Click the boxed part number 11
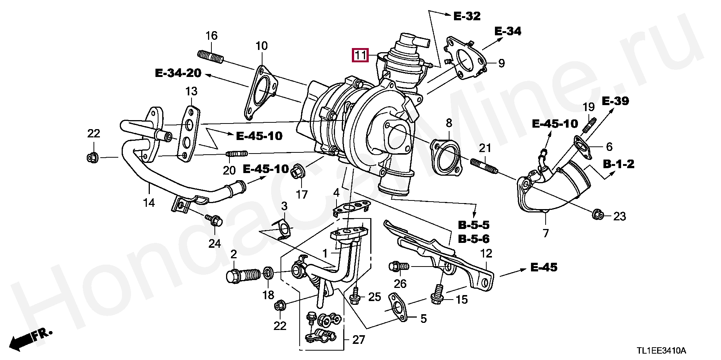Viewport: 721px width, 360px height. [x=360, y=56]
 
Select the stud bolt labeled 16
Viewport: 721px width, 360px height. [x=210, y=57]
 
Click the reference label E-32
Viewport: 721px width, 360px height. [x=467, y=16]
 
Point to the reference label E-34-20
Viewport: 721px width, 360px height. [x=178, y=73]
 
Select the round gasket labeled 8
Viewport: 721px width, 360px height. [x=446, y=157]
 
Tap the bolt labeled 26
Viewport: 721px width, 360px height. [x=399, y=266]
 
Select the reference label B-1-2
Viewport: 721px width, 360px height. [x=618, y=164]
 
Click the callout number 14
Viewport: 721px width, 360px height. [x=149, y=203]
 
